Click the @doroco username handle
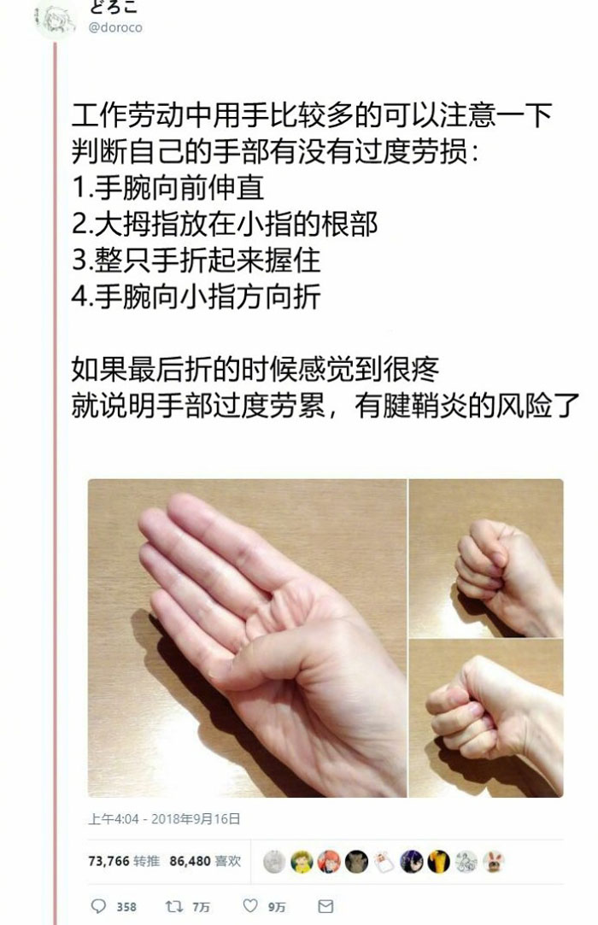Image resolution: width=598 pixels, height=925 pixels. point(115,27)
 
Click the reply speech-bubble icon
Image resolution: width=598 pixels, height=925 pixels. point(98,905)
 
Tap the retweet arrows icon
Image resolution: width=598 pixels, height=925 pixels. point(173,905)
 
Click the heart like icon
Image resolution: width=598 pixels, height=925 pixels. point(251,905)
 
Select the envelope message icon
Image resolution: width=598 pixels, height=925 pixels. point(325,906)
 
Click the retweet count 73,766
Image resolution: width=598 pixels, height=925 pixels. point(108,861)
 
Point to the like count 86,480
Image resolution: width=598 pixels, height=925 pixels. point(191,861)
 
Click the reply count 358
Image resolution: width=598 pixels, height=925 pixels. point(126,907)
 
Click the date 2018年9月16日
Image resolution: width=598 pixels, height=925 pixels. point(196,819)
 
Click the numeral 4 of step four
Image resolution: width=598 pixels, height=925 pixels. point(79,296)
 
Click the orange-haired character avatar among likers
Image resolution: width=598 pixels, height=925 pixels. point(329,862)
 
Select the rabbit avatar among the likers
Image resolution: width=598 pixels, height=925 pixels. point(493,862)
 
